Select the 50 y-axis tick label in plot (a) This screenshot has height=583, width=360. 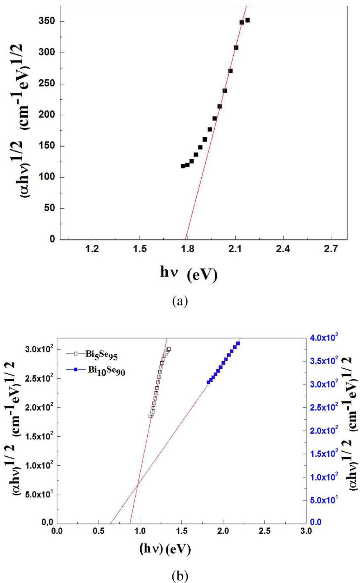coord(49,208)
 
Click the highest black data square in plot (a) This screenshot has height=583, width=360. coord(247,20)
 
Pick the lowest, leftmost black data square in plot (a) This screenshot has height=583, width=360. coord(183,166)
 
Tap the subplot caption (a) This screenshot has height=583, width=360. coord(179,301)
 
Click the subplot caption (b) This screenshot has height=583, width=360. coord(179,575)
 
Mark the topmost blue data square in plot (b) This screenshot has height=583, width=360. coord(238,343)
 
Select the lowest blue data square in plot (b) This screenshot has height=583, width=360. coord(208,382)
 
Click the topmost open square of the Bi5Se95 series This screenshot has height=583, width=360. coord(169,349)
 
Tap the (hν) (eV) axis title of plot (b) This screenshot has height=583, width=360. coord(165,549)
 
